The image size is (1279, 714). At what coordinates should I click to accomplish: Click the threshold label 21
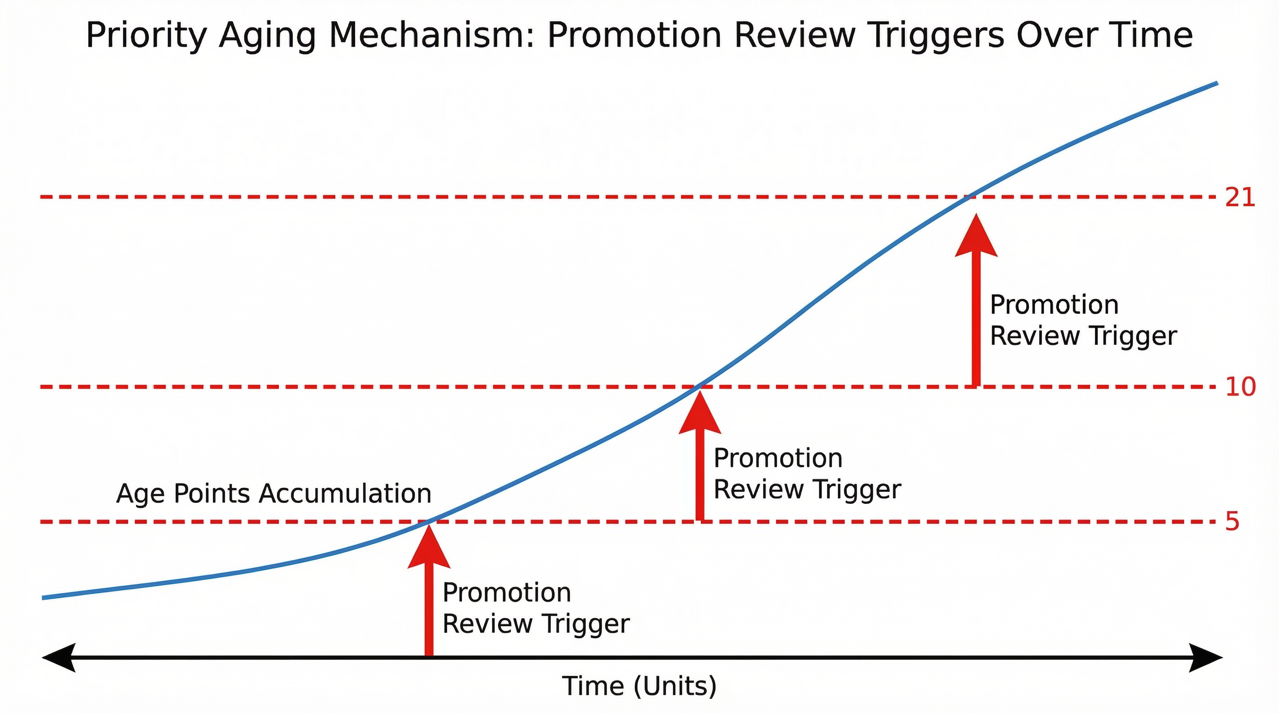(1240, 198)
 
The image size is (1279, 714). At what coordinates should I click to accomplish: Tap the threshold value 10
(1240, 387)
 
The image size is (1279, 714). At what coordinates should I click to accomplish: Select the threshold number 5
(1233, 522)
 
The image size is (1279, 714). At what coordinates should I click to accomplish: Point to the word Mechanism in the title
(431, 36)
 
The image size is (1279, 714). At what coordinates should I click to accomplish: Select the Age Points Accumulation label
(274, 494)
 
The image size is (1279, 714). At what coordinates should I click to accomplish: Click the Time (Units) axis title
(639, 686)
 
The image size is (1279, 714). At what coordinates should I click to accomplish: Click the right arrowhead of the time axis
(1206, 657)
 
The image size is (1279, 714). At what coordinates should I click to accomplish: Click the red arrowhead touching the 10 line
(699, 413)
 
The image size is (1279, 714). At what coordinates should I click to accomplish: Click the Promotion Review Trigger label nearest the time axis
(536, 608)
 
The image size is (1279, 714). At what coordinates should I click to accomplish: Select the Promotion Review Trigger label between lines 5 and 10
(807, 473)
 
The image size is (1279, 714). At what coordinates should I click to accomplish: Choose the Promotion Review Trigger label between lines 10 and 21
(1083, 320)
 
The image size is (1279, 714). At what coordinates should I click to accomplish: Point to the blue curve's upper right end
(1216, 83)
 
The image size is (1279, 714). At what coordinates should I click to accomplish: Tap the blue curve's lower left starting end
(44, 598)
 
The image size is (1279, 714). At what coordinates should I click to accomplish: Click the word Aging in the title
(267, 36)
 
